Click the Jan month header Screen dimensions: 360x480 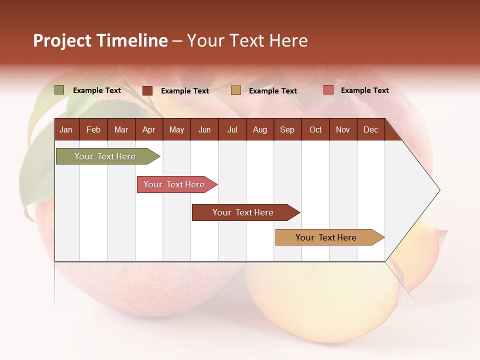pos(66,129)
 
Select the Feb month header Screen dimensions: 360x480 pos(93,129)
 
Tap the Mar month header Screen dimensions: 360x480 pos(121,129)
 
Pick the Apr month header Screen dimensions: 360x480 pos(148,129)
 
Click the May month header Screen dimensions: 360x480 pos(176,129)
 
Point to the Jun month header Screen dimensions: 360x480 pos(204,129)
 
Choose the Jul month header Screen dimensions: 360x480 pos(232,129)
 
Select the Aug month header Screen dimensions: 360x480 pos(259,129)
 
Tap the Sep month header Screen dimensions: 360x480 pos(287,129)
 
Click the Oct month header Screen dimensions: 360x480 pos(315,129)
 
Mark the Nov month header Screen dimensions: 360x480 pos(343,129)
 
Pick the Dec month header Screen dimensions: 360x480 pos(370,129)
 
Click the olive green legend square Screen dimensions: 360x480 pos(59,90)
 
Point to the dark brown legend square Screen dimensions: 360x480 pos(147,90)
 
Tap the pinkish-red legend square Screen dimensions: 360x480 pos(328,90)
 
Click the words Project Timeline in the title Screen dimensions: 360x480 pos(100,40)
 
